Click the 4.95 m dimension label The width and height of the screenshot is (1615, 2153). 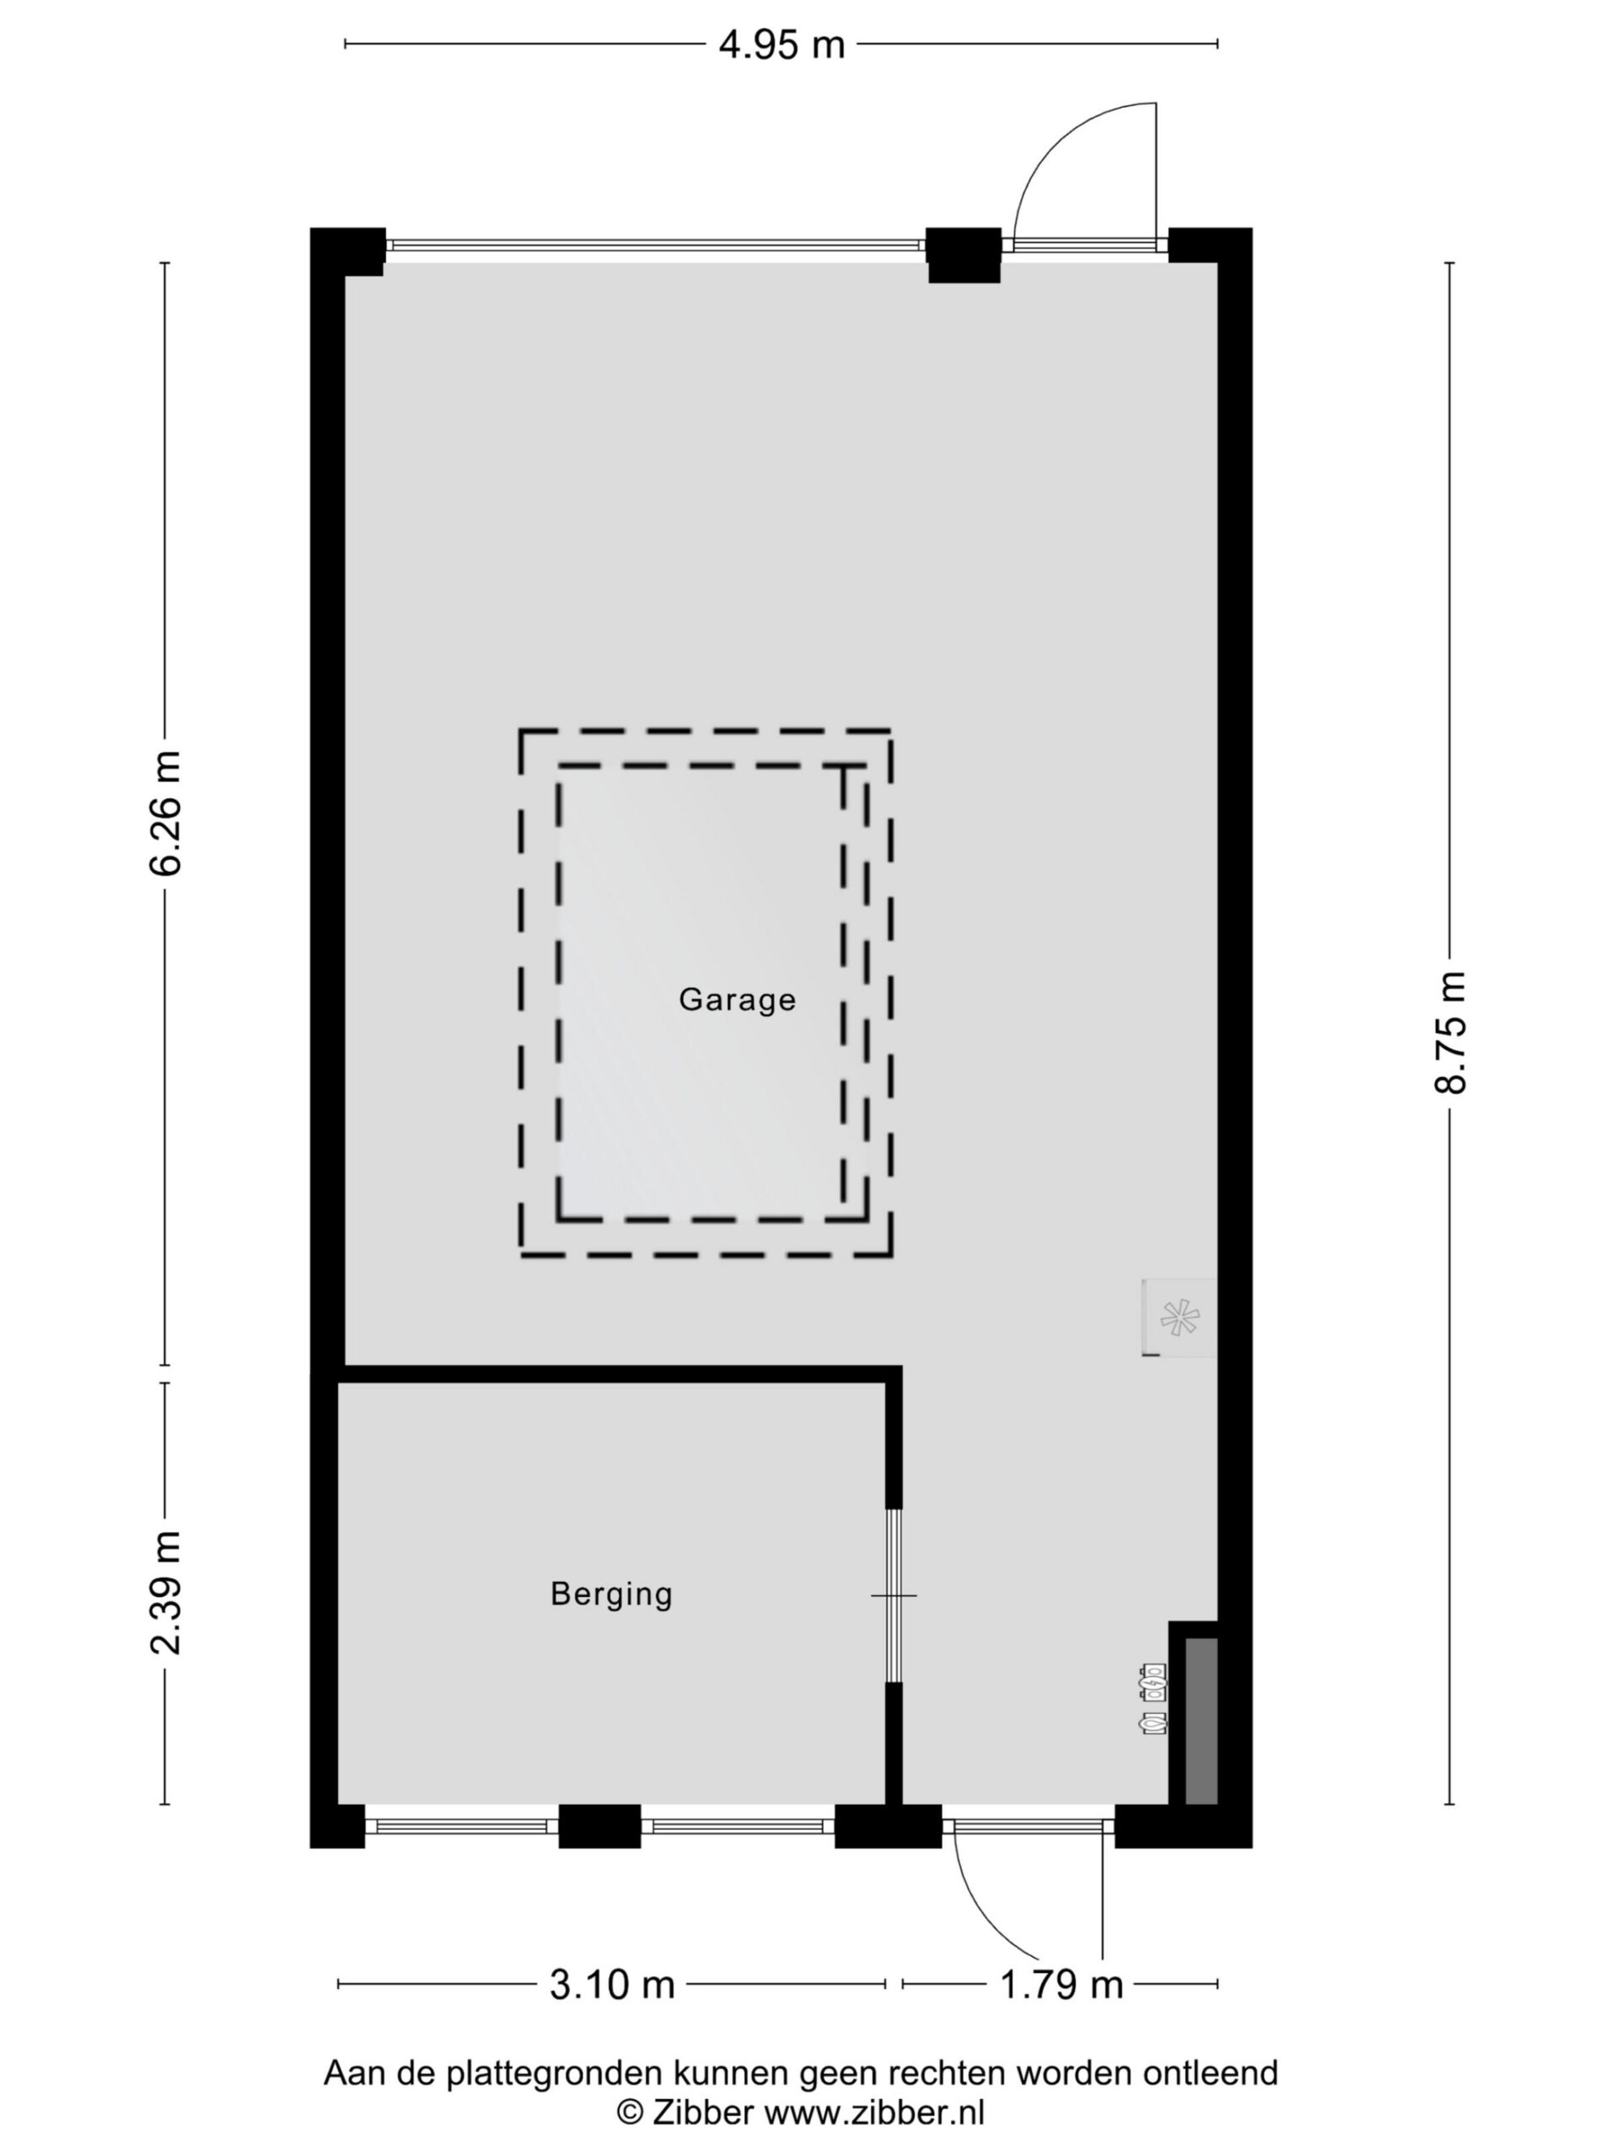click(x=781, y=45)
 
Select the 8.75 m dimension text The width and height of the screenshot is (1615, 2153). click(x=1450, y=1033)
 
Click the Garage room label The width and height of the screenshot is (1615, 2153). click(x=737, y=1000)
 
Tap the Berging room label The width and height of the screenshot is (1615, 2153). click(x=612, y=1595)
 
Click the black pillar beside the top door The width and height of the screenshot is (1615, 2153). click(x=963, y=255)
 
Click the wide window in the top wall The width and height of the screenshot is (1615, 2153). click(x=655, y=246)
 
